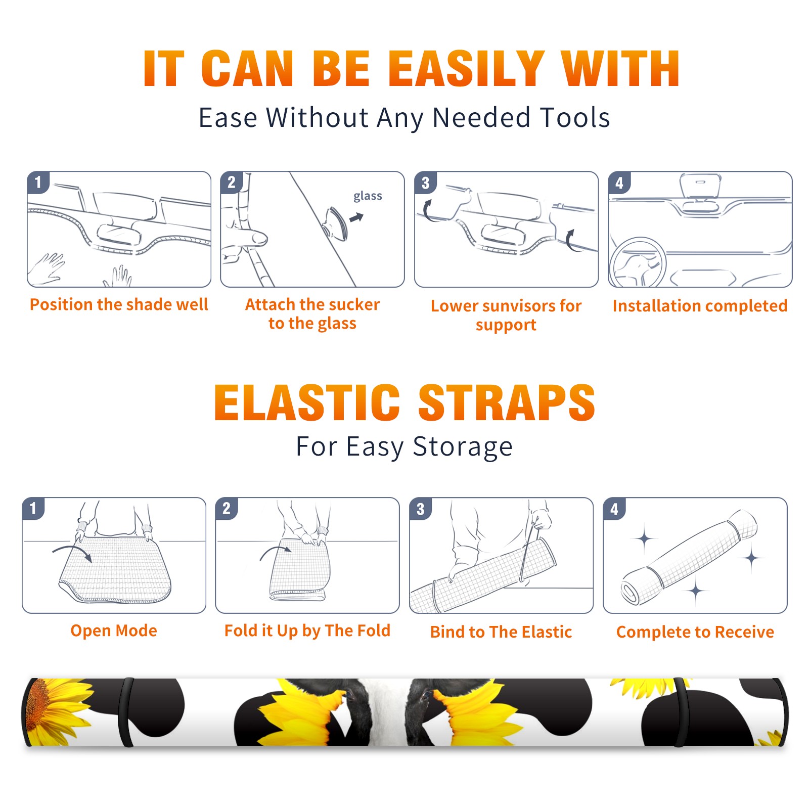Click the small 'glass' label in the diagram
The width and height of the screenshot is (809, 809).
tap(368, 196)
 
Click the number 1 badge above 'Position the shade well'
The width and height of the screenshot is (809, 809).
tap(38, 182)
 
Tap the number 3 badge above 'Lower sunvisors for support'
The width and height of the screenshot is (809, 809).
tap(425, 182)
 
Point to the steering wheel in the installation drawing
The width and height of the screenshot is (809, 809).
tap(638, 263)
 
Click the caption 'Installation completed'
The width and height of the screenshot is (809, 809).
tap(700, 305)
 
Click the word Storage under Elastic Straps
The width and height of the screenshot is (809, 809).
tap(463, 447)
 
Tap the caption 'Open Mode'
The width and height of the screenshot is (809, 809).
tap(114, 631)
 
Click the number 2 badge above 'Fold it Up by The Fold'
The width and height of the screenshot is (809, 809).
tap(227, 508)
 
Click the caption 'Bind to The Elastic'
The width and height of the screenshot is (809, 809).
tap(501, 632)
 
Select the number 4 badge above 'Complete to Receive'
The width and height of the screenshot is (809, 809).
tap(614, 508)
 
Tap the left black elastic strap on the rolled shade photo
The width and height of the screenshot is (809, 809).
tap(126, 712)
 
